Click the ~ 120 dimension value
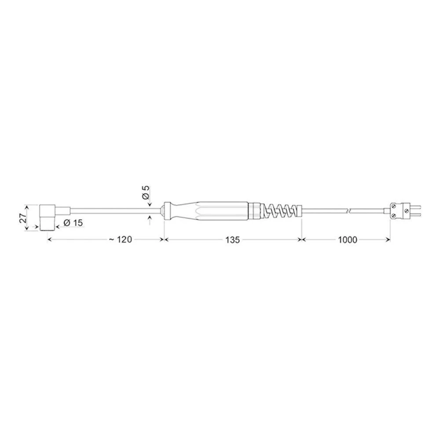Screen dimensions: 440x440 click(121, 240)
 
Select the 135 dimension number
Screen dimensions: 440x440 click(233, 240)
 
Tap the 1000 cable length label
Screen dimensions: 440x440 click(348, 240)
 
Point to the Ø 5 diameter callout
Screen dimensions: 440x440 click(146, 193)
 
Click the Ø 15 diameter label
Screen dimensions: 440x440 click(73, 223)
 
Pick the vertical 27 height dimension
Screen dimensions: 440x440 click(23, 218)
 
